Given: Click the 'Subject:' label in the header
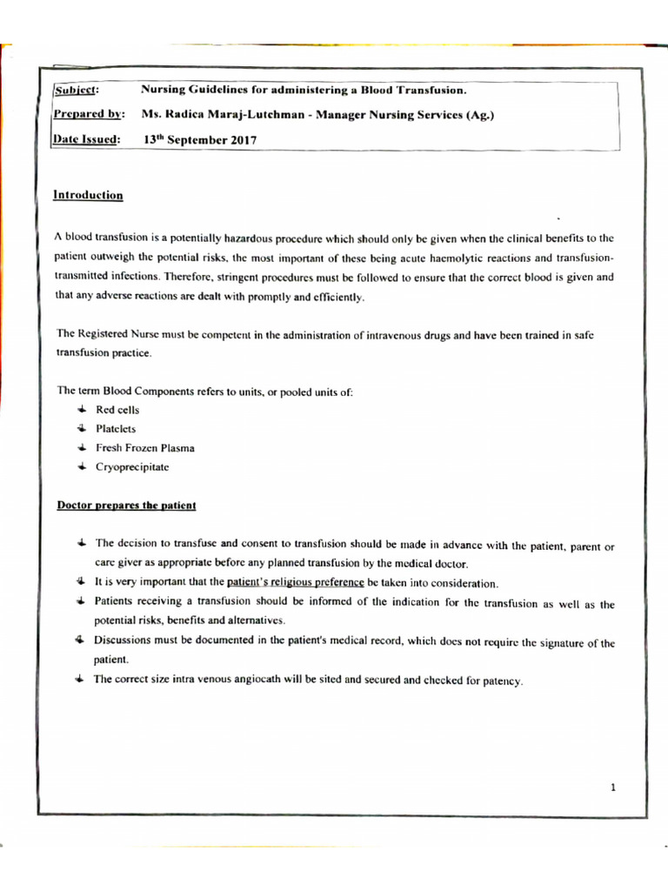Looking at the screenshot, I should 77,90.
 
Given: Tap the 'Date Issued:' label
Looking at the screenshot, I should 87,139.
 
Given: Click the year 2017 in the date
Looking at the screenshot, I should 241,139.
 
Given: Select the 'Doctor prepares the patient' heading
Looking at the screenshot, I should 127,505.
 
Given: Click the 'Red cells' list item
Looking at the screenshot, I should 117,409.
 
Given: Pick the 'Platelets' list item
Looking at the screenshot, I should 116,429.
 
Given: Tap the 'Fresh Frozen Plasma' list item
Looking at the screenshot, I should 145,448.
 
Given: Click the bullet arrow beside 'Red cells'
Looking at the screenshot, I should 80,409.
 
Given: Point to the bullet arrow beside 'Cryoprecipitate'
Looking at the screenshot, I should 80,467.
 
